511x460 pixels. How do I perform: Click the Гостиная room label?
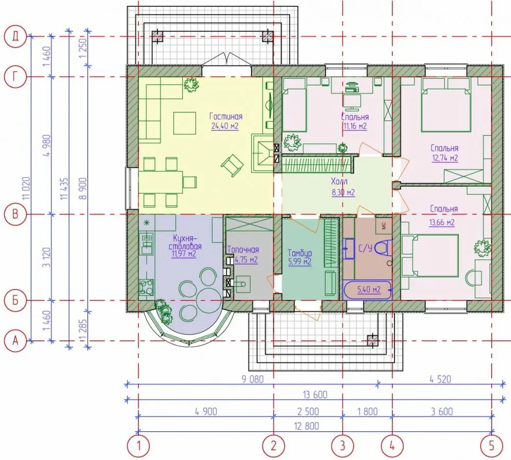pyautogui.click(x=226, y=117)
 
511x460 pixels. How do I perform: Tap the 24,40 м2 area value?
pyautogui.click(x=225, y=126)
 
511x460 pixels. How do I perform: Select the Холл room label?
pyautogui.click(x=339, y=181)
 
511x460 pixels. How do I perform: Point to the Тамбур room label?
pyautogui.click(x=300, y=253)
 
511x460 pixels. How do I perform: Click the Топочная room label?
pyautogui.click(x=243, y=250)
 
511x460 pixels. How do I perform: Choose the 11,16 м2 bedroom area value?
pyautogui.click(x=355, y=126)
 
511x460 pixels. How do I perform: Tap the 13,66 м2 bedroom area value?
pyautogui.click(x=442, y=223)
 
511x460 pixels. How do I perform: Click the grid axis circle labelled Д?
pyautogui.click(x=15, y=36)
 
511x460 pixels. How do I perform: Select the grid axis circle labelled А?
pyautogui.click(x=15, y=341)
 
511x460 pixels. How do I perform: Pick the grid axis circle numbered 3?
pyautogui.click(x=342, y=446)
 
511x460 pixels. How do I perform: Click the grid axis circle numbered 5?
pyautogui.click(x=492, y=446)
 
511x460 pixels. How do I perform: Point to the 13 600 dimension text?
pyautogui.click(x=315, y=395)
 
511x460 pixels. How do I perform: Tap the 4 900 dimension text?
pyautogui.click(x=206, y=412)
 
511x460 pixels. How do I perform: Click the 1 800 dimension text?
pyautogui.click(x=367, y=412)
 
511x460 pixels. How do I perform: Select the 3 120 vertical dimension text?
pyautogui.click(x=47, y=257)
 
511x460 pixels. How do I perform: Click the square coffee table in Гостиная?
pyautogui.click(x=185, y=123)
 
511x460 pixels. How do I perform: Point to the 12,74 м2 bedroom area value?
pyautogui.click(x=445, y=158)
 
